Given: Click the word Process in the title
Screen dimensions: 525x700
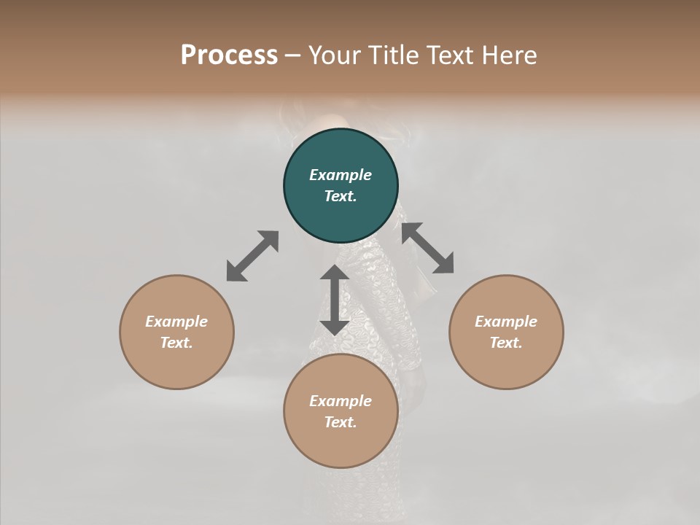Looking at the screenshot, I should tap(229, 55).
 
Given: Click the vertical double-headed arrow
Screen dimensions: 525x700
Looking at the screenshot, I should tap(334, 300).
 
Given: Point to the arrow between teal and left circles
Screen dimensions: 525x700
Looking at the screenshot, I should tap(252, 256).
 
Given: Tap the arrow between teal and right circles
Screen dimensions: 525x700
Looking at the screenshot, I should tap(427, 248).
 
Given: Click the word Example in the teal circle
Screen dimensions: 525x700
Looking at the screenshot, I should tap(341, 175).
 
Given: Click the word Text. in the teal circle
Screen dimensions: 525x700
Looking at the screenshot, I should tap(341, 196).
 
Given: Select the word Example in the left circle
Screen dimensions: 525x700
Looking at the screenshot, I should tap(176, 322).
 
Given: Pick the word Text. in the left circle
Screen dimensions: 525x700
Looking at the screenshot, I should tap(176, 343).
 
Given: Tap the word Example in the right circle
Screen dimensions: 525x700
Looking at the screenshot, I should tap(506, 322).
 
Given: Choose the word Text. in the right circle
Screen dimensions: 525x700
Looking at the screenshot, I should tap(506, 343).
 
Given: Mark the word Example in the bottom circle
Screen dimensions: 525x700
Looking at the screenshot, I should tap(341, 401).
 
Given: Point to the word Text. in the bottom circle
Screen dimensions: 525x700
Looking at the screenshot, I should tap(341, 422).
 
